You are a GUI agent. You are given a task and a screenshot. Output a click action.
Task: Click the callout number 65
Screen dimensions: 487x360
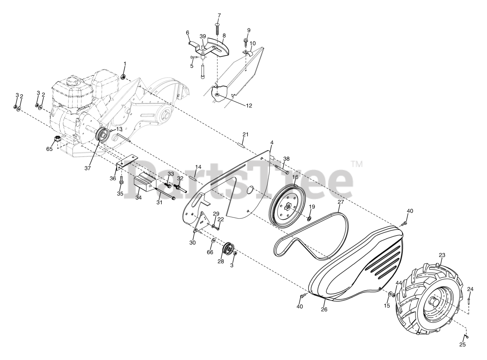point(49,149)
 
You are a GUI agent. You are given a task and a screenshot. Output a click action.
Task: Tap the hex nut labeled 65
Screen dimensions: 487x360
point(58,139)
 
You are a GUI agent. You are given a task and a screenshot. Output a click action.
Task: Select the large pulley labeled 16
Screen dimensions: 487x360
point(288,206)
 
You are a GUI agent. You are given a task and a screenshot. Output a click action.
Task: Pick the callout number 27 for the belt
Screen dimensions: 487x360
point(341,203)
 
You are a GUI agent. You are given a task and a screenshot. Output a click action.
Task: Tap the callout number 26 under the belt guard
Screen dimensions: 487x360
point(324,309)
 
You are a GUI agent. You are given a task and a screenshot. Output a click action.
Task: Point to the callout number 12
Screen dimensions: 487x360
point(249,106)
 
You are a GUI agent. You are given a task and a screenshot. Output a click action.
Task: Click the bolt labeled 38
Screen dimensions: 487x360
point(281,169)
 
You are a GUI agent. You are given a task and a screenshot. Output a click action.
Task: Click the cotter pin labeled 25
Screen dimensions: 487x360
point(466,336)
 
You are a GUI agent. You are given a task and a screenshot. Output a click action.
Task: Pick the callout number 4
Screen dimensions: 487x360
point(272,143)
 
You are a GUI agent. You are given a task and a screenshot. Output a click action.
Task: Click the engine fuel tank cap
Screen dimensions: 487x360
point(72,81)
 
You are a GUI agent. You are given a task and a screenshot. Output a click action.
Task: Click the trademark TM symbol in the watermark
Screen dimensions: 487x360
point(356,164)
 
